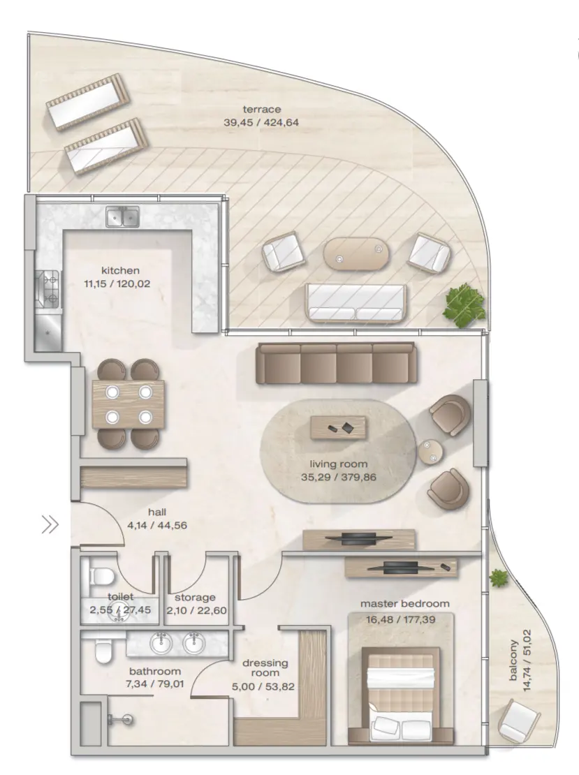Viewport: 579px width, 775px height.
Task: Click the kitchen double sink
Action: click(123, 217)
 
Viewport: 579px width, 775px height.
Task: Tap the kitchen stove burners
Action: click(48, 288)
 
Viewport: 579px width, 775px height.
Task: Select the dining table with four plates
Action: click(129, 404)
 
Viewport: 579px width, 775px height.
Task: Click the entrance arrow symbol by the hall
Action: click(50, 524)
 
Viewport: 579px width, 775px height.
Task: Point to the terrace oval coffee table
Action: click(356, 254)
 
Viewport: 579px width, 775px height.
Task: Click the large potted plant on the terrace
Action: click(464, 305)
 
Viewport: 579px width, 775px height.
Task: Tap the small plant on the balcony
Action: click(499, 578)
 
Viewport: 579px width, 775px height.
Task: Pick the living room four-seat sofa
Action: click(336, 363)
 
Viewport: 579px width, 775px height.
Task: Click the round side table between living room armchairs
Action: click(430, 452)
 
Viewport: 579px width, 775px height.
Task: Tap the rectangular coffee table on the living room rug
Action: click(339, 427)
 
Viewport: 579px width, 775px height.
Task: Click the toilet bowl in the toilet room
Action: click(102, 576)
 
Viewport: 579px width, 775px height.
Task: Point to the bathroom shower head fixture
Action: click(121, 720)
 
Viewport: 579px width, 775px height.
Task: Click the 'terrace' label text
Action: click(262, 109)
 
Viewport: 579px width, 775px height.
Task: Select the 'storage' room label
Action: click(195, 597)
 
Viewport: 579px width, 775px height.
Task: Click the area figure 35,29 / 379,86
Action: click(339, 478)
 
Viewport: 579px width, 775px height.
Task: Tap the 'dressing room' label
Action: click(265, 667)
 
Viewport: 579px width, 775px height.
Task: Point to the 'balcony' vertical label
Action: click(513, 660)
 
